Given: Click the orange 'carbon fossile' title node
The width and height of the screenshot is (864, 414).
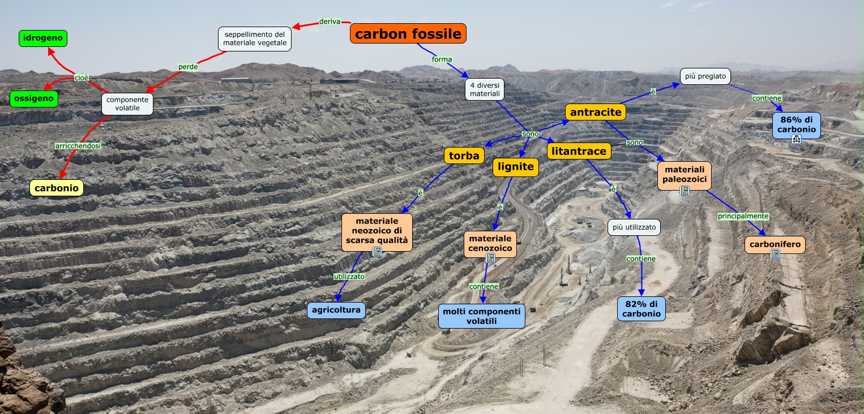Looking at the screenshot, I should [x=408, y=34].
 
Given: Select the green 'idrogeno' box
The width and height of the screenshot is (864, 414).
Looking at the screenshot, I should [x=43, y=38].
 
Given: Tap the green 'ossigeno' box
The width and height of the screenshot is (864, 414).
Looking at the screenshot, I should [x=34, y=98].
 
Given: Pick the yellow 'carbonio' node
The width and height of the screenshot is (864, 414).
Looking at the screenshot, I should [x=57, y=188].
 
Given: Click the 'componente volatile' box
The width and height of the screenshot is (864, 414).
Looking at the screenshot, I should [x=127, y=103].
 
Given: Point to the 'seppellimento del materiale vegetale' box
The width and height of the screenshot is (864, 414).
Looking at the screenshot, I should [x=255, y=38].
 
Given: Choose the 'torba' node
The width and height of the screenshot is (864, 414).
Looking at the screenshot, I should [x=464, y=156].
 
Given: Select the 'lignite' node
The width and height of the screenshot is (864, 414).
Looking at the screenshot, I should [x=515, y=167].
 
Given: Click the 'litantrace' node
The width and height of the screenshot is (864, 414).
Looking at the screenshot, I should [x=579, y=151].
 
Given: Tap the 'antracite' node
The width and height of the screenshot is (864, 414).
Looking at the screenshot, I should [x=596, y=112].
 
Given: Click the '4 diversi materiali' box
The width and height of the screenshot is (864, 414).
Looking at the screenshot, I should [x=485, y=89].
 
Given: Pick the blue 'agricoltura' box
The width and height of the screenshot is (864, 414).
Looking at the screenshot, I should [x=336, y=310].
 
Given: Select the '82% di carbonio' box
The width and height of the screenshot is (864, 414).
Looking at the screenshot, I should [x=641, y=309].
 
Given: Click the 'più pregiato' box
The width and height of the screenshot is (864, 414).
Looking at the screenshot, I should [x=705, y=76].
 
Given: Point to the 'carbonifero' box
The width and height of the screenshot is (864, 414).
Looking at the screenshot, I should [x=775, y=244].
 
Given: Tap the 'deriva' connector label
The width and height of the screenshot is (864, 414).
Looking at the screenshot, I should [x=330, y=21].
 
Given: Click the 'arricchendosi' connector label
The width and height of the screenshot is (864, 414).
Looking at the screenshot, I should [x=78, y=145].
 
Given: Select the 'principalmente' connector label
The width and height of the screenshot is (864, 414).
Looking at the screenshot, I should [x=743, y=216].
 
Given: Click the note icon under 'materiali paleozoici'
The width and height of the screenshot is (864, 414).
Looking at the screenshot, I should [x=685, y=191].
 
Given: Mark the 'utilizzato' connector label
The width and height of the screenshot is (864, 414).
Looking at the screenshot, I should [x=349, y=277].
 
